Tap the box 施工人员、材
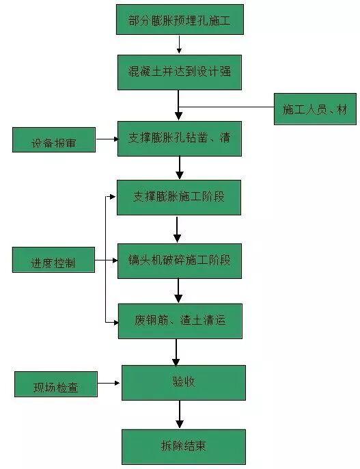pyautogui.click(x=315, y=109)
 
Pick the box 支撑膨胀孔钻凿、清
pyautogui.click(x=179, y=138)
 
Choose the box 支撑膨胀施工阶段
pyautogui.click(x=179, y=197)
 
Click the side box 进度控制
pyautogui.click(x=53, y=260)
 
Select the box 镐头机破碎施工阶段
pyautogui.click(x=179, y=260)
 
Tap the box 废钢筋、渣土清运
pyautogui.click(x=179, y=321)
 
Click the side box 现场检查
pyautogui.click(x=56, y=385)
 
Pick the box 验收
pyautogui.click(x=183, y=382)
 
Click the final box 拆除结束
pyautogui.click(x=183, y=446)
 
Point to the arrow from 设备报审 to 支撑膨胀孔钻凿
pyautogui.click(x=107, y=139)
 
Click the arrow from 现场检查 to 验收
pyautogui.click(x=109, y=384)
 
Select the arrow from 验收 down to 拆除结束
pyautogui.click(x=180, y=414)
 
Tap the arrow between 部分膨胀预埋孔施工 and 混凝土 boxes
pyautogui.click(x=179, y=44)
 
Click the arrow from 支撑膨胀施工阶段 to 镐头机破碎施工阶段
pyautogui.click(x=178, y=229)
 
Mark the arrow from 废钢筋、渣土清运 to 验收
pyautogui.click(x=176, y=351)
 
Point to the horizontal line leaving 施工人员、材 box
pyautogui.click(x=225, y=107)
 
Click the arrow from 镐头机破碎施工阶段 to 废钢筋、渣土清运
pyautogui.click(x=178, y=291)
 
